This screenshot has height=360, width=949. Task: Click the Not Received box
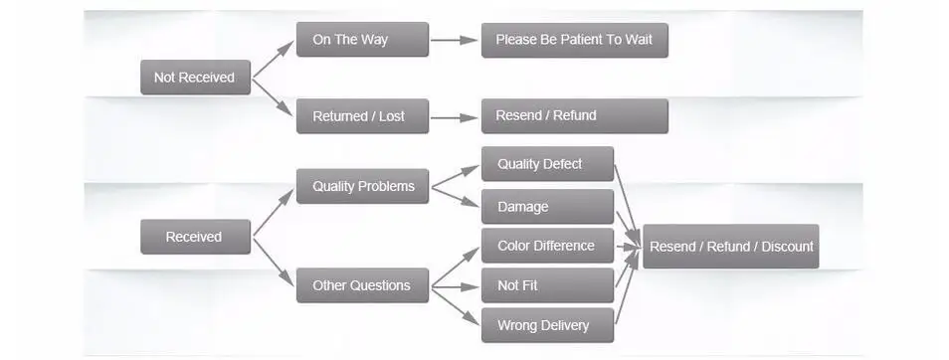coord(195,78)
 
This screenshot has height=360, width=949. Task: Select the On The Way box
coord(362,40)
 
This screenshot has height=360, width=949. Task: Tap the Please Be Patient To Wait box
coord(574,40)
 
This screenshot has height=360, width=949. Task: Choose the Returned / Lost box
coord(362,116)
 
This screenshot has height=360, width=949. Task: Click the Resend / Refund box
coord(574,115)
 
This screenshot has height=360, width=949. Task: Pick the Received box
coord(195,237)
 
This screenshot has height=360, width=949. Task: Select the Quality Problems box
coord(362,186)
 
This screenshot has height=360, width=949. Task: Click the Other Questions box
coord(362,285)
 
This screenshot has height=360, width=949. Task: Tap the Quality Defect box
coord(547,164)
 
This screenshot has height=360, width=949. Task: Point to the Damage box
coord(547,207)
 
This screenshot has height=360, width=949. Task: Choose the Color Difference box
coord(547,246)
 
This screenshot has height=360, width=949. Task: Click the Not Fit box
coord(547,285)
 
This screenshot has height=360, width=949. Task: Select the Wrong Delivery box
coord(547,325)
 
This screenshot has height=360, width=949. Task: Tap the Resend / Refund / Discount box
coord(730,246)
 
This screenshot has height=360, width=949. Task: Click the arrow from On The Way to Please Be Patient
coord(455,41)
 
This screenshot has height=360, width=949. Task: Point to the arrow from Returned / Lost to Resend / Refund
coord(455,117)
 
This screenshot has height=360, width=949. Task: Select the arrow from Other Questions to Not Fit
coord(455,286)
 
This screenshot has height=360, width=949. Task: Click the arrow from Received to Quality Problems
coord(274,212)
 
